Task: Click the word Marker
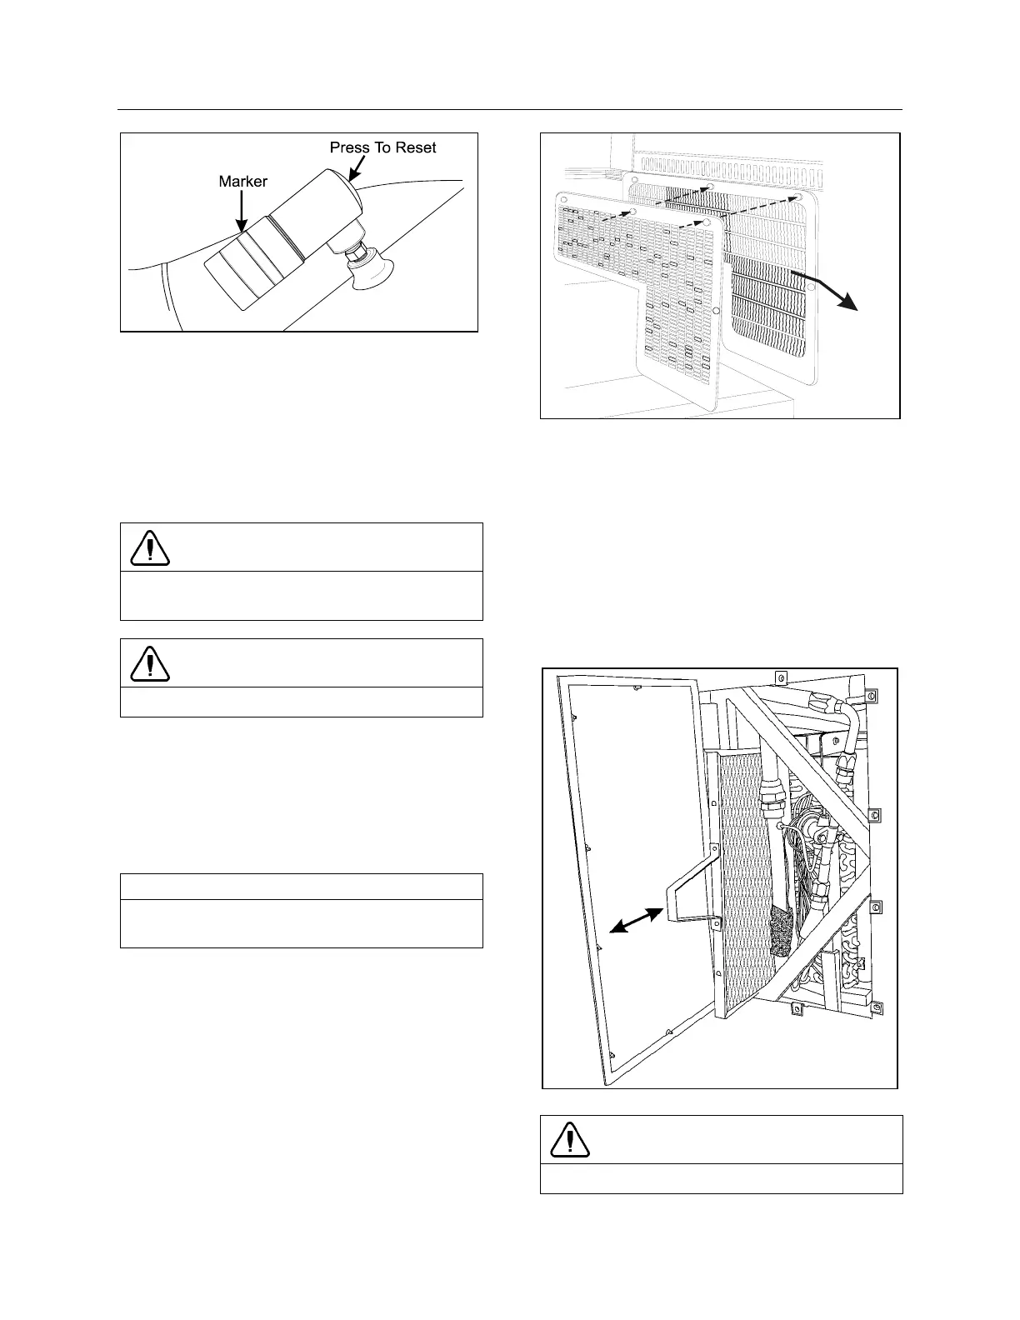(x=242, y=181)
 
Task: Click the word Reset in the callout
(x=414, y=147)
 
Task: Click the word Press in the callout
(x=348, y=147)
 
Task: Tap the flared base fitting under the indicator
(x=372, y=276)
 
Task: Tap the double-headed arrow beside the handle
(x=637, y=920)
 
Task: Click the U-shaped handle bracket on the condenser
(x=692, y=883)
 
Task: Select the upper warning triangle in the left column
(x=150, y=547)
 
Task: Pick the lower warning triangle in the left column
(x=150, y=663)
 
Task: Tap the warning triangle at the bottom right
(x=570, y=1139)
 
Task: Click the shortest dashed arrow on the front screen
(x=617, y=216)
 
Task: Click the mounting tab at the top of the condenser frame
(x=781, y=677)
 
